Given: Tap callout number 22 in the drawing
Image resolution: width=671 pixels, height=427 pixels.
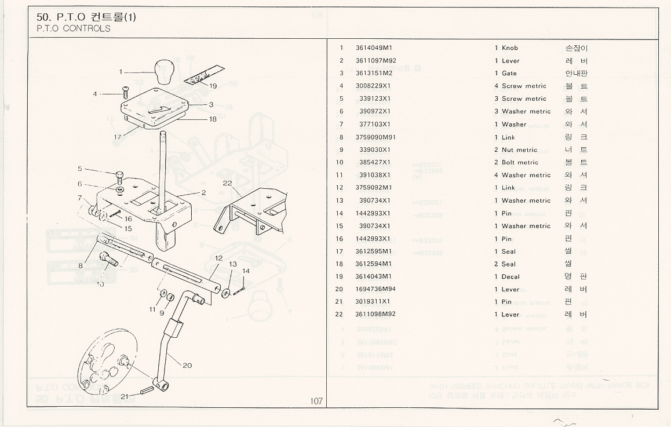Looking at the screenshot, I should pos(227,183).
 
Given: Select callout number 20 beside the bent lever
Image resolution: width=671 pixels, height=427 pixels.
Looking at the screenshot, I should pos(187,366).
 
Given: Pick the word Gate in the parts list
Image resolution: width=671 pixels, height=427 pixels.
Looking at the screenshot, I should pos(509,73).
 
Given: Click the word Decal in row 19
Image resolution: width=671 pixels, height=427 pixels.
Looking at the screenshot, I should pos(510,277).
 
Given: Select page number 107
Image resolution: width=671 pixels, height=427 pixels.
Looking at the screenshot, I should pos(316,400).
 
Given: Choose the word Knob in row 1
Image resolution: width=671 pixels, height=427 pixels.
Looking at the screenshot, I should pos(510,48).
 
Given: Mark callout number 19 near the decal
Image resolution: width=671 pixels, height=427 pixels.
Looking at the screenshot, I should pos(213,86).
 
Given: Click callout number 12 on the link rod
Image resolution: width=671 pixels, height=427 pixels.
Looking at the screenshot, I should pos(218,257).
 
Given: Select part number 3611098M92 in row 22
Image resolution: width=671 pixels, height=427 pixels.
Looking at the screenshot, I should pos(375,315).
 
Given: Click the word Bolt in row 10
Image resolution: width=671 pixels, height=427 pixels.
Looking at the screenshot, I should pos(508,163).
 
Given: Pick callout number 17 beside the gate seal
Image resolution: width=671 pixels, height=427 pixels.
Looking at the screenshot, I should pos(118,137).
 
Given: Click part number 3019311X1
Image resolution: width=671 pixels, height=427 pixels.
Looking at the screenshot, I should pos(373,302).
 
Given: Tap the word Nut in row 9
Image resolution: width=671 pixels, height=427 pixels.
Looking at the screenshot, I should pos(507,150).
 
